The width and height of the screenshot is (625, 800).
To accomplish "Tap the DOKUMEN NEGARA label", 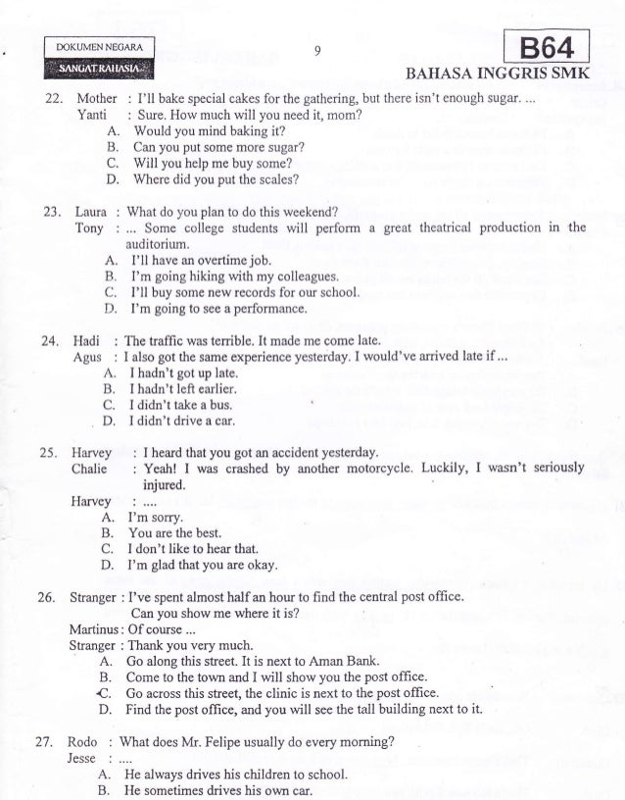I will tap(100, 47).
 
